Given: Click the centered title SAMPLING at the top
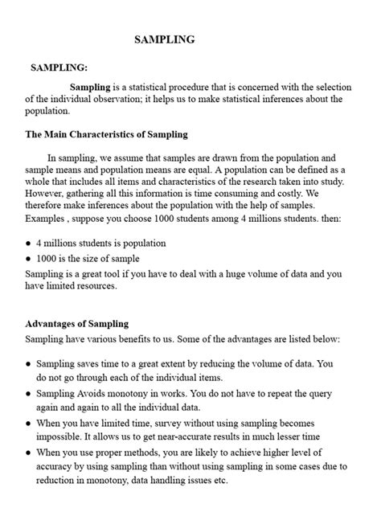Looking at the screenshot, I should [x=164, y=39].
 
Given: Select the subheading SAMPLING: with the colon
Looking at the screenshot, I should [x=60, y=69].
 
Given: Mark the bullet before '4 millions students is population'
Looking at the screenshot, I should [x=28, y=243].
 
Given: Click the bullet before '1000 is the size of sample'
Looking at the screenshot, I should [x=28, y=259].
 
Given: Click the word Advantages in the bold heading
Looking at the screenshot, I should [x=55, y=323].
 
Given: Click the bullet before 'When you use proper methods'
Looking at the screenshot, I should [x=28, y=453].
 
